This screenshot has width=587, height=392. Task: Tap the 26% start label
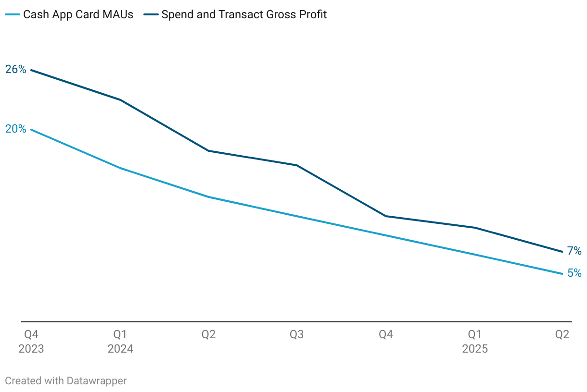[x=16, y=70]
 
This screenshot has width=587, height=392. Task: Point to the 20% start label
[x=16, y=129]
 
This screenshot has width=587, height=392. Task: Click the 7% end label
[x=574, y=251]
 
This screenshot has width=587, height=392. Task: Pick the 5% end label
[x=574, y=273]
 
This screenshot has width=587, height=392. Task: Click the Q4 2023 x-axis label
[x=31, y=342]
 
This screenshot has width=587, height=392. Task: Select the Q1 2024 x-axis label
[x=120, y=342]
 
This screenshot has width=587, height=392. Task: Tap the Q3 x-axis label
[x=297, y=334]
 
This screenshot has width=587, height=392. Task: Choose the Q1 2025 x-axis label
[x=475, y=342]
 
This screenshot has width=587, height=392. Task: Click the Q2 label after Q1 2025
[x=562, y=334]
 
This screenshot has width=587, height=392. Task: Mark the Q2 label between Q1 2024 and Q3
[x=208, y=334]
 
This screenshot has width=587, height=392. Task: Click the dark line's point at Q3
[x=297, y=165]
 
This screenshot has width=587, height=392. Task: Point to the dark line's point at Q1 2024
[x=120, y=100]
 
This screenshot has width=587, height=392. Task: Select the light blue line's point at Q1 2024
[x=120, y=168]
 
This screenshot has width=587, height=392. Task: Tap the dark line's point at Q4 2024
[x=386, y=216]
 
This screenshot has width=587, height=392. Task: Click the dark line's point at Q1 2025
[x=475, y=228]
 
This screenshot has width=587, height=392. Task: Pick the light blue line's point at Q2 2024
[x=208, y=197]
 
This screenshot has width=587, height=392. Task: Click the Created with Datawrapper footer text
[x=66, y=381]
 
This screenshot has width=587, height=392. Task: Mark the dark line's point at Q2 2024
[x=208, y=151]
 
